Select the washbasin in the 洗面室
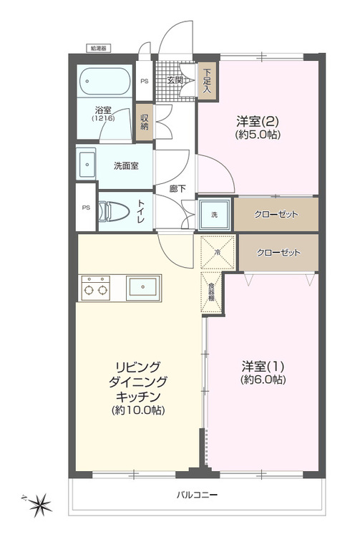coord(87,164)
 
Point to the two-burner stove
coord(96,288)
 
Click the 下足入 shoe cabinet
coord(206,81)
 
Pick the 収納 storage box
coord(144,120)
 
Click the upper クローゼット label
coord(276,214)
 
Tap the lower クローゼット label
coord(278,252)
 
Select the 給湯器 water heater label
coord(98,48)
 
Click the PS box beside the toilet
coord(85,208)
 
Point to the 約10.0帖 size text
coord(138,410)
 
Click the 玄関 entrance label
coord(175,80)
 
